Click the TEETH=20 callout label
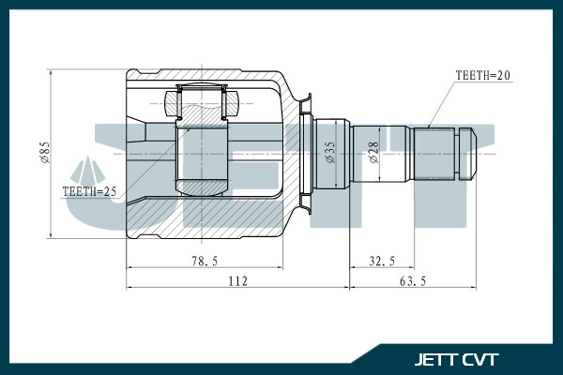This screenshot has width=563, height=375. coord(482,75)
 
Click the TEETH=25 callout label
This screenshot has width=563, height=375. coord(89,191)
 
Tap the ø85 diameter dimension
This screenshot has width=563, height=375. coord(46,153)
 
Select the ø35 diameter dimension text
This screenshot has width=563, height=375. coord(330,152)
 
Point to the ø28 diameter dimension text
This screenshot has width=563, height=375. coord(373,152)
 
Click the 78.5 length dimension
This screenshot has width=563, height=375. coord(205,261)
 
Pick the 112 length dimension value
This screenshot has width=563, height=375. coord(238,281)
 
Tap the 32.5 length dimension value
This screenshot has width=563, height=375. coord(382,261)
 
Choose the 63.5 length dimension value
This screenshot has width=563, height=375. coord(413,281)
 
